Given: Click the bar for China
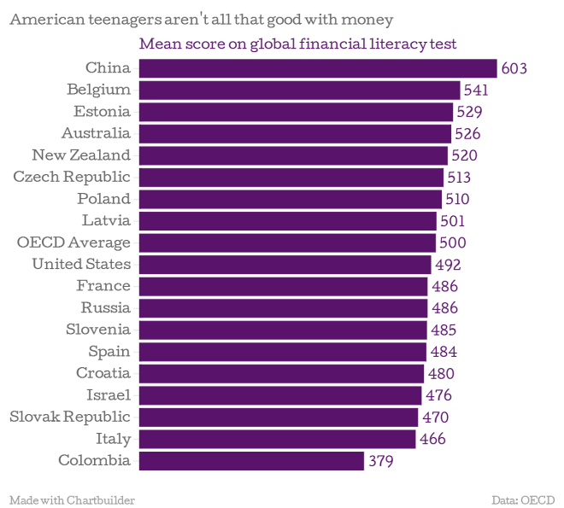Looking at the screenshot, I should [x=317, y=68].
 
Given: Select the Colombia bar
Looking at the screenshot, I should [x=251, y=461].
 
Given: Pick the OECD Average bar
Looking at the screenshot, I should [x=287, y=242].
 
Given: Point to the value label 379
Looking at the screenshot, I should [x=380, y=462].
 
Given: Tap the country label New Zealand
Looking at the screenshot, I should [x=81, y=155].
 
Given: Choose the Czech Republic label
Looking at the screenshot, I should [x=72, y=177].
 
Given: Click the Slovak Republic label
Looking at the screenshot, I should [x=70, y=417].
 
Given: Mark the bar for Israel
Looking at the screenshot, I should [x=279, y=395].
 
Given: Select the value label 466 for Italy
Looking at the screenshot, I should [x=432, y=440].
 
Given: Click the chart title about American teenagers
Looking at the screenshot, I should [x=201, y=20].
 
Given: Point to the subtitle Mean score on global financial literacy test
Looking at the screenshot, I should [x=297, y=44].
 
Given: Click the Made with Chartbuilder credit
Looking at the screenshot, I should [x=72, y=499].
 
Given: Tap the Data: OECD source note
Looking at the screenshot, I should [x=523, y=499].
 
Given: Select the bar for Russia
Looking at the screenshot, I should [x=283, y=308].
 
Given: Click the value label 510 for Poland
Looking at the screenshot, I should [x=456, y=200].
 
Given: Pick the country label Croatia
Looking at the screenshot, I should [x=103, y=373].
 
